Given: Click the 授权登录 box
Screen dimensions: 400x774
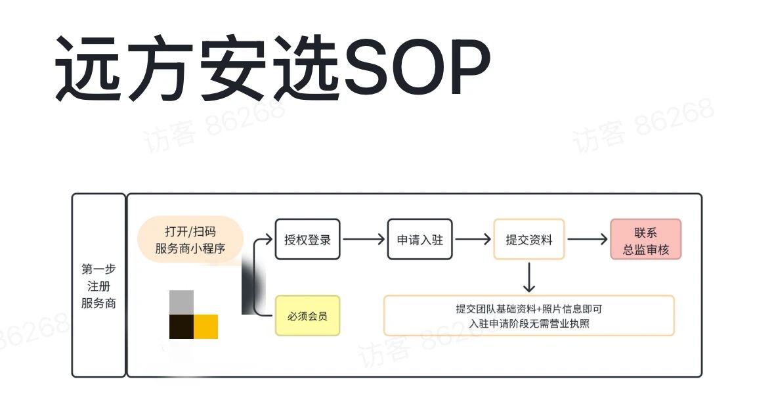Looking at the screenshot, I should coord(307,240).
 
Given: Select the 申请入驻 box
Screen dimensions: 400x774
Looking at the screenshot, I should coord(419,240).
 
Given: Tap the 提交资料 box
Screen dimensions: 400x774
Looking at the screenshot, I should coord(528,240).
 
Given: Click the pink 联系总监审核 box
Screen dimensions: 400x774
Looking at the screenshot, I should coord(645,240).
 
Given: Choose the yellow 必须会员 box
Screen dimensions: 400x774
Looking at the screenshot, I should coord(307,316).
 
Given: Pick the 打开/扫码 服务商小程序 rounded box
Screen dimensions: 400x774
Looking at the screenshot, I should coord(190,240).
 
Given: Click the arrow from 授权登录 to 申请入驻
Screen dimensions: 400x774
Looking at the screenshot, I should coord(363,240).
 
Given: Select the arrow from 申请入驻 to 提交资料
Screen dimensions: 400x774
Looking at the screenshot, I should coord(473,240).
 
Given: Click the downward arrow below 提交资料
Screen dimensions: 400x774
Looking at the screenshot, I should coord(529,278).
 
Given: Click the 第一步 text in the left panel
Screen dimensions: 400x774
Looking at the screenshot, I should coord(98,269).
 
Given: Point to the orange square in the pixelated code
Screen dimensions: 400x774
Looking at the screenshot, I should coord(205,326).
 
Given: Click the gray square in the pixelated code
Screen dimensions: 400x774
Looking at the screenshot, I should coord(181,302).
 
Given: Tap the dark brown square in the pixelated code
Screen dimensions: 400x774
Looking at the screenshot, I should coord(181,326).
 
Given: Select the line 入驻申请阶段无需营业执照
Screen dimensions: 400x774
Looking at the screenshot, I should coord(528,323).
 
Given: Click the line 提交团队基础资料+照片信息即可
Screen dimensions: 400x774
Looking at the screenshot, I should coord(528,309).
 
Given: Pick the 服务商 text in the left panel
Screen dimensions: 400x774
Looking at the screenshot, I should coord(98,303).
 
